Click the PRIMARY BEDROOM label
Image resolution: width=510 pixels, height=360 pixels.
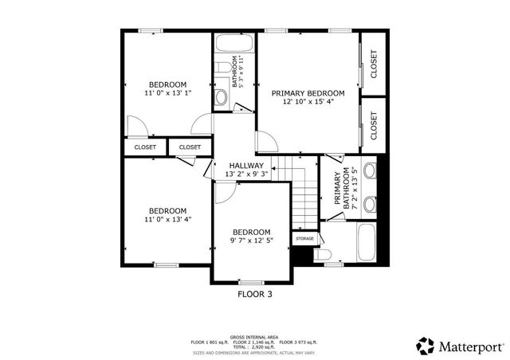click(x=308, y=92)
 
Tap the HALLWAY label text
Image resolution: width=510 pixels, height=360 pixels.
click(x=245, y=166)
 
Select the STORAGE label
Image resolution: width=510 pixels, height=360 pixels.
click(x=305, y=238)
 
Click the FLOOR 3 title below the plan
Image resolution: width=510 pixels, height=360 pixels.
click(x=255, y=293)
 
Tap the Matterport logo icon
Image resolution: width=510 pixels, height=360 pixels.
click(x=427, y=345)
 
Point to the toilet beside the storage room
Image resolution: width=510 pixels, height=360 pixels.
click(x=324, y=255)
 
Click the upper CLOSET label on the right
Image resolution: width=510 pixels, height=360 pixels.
click(x=373, y=65)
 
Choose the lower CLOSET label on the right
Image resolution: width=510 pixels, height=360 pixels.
click(x=373, y=126)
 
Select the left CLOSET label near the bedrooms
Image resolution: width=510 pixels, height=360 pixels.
click(x=145, y=147)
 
